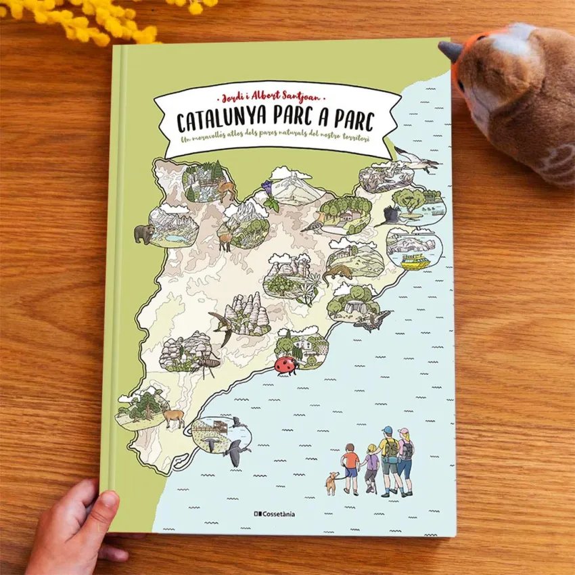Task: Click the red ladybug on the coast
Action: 284,365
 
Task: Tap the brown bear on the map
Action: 143,234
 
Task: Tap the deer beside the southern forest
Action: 172,417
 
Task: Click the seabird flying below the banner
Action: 416,159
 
